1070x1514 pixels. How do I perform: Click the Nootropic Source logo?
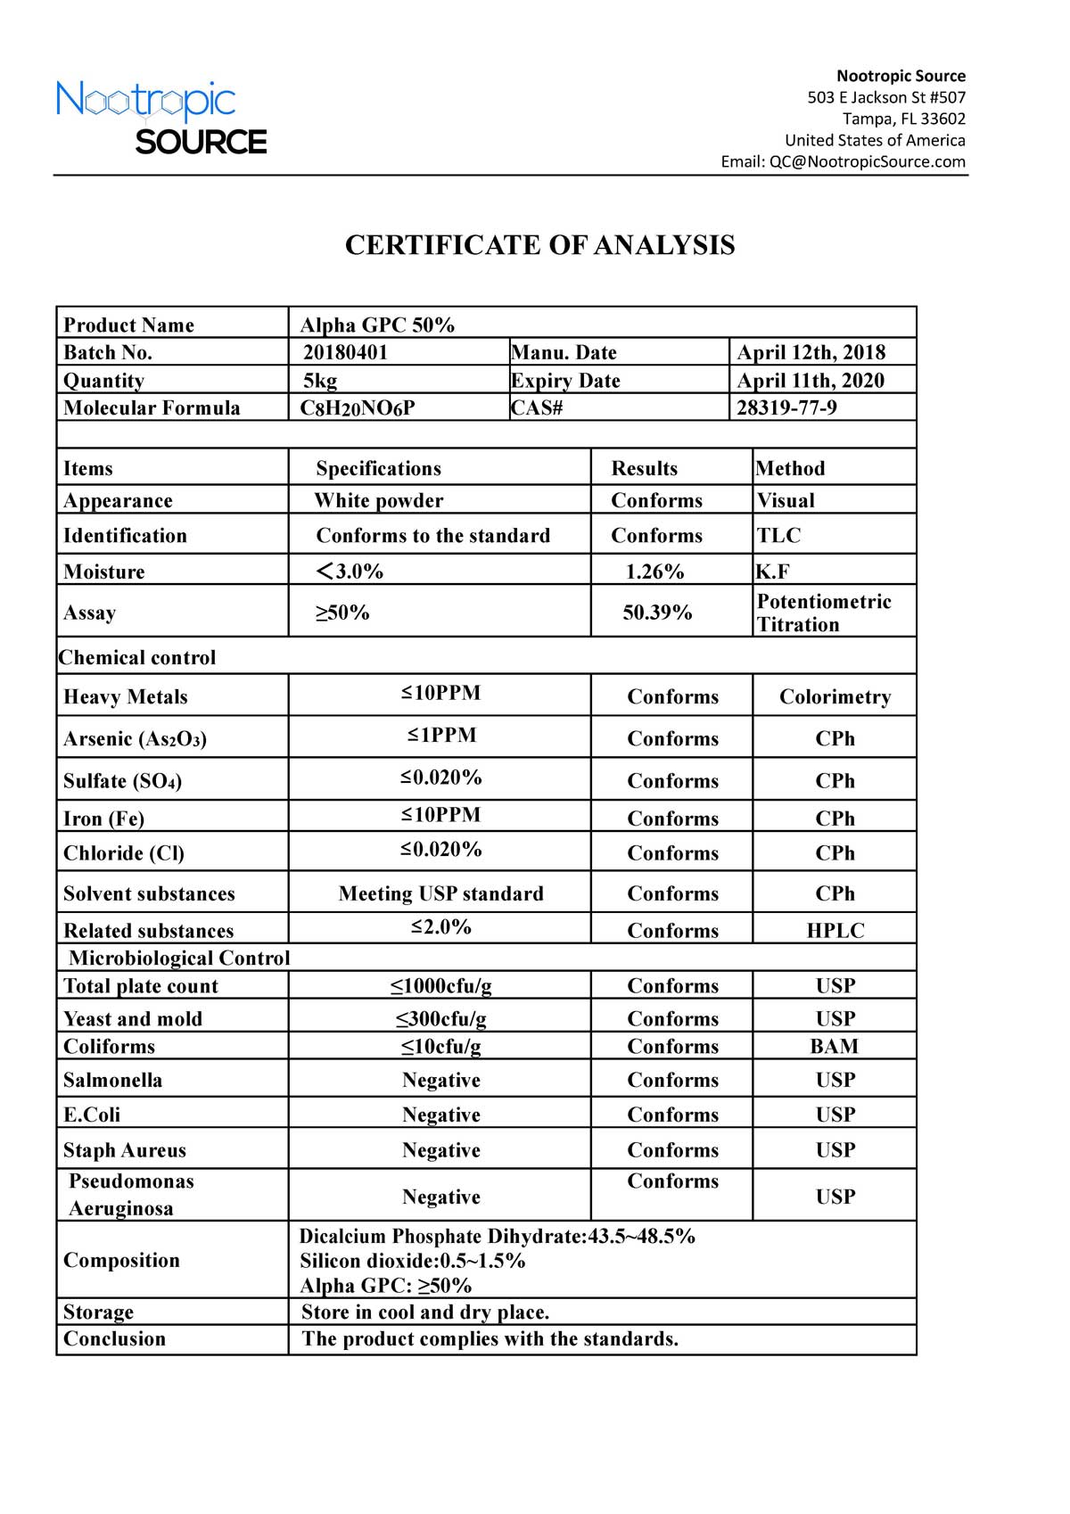(160, 118)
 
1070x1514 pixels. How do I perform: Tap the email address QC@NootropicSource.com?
(867, 161)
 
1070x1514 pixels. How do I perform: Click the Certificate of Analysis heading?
(539, 245)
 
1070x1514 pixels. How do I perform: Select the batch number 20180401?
(345, 352)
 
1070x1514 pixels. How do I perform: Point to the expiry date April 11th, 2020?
(811, 381)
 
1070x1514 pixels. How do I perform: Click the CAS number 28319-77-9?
(786, 408)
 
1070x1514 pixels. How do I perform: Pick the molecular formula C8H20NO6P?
(357, 408)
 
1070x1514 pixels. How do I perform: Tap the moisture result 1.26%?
(654, 572)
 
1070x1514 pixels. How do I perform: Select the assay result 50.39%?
(657, 613)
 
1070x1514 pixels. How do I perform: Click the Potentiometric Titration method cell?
(823, 613)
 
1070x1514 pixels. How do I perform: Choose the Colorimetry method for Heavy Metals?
(835, 697)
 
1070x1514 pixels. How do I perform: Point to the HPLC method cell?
(835, 931)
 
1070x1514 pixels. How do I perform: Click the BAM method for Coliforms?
(835, 1047)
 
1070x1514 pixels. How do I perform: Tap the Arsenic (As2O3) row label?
(135, 739)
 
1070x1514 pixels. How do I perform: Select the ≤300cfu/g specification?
(441, 1019)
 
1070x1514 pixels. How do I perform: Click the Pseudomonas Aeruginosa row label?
(130, 1195)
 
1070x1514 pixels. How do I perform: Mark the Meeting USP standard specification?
(440, 894)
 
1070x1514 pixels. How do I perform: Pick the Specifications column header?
(378, 469)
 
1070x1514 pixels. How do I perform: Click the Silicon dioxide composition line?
(412, 1261)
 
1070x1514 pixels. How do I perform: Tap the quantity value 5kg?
(320, 381)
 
